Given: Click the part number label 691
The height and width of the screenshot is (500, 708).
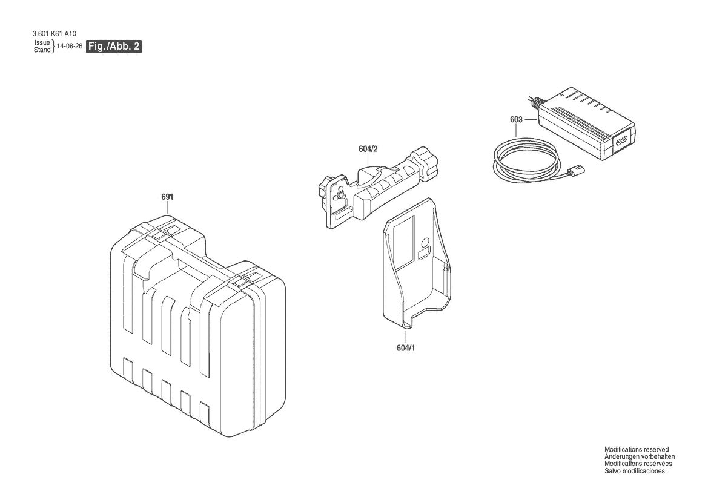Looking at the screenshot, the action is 167,197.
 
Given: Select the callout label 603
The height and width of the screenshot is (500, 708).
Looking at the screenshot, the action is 516,120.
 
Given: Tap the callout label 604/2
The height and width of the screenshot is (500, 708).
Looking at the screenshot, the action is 368,148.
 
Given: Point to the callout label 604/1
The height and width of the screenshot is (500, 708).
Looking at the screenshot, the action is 405,348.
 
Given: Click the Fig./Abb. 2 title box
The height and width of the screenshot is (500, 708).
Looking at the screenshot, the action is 114,46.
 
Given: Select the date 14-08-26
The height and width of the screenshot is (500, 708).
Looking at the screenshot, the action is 70,46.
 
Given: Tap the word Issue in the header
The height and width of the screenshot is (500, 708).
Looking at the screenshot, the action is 42,42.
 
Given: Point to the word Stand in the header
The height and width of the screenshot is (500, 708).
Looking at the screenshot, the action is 42,50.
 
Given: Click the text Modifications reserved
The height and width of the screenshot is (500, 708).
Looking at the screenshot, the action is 637,450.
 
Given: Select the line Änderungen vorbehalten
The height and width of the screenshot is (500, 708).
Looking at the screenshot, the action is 640,456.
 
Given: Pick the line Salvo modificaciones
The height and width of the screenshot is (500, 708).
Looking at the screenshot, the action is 634,471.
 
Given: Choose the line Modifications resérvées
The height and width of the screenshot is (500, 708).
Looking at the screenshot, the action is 638,464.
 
